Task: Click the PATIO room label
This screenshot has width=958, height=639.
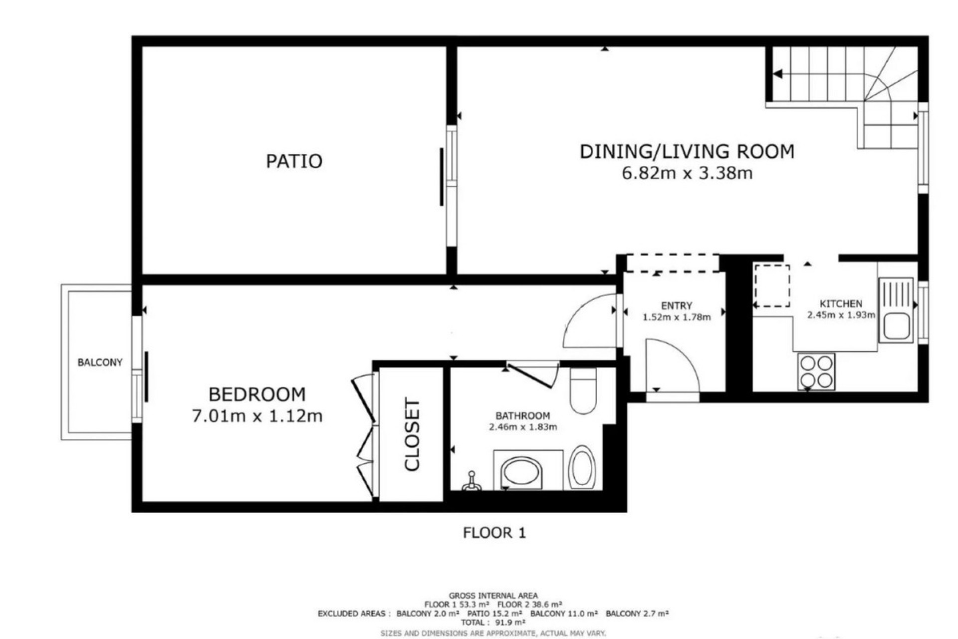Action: click(294, 161)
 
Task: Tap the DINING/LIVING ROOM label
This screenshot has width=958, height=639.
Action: click(687, 151)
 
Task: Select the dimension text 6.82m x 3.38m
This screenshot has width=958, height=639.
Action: click(687, 173)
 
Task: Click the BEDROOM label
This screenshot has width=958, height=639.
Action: click(257, 394)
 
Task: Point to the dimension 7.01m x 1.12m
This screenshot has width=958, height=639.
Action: click(257, 416)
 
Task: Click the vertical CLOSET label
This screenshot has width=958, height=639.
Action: click(413, 434)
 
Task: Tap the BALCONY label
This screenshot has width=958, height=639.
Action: click(100, 362)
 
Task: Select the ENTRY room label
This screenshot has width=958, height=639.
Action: click(677, 306)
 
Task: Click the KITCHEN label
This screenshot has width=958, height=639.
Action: click(841, 304)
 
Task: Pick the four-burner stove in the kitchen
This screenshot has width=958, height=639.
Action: click(816, 370)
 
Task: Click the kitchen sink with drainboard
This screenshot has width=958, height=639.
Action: click(896, 310)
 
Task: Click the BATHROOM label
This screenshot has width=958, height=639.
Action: click(522, 415)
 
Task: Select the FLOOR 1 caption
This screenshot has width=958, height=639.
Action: click(494, 533)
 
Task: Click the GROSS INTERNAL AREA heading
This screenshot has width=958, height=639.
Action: click(493, 596)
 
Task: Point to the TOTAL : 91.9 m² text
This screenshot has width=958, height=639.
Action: click(493, 623)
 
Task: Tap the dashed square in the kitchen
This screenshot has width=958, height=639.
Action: click(772, 286)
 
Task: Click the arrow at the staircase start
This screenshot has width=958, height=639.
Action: click(777, 74)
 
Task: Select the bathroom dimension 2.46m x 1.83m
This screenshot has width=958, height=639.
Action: click(522, 427)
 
